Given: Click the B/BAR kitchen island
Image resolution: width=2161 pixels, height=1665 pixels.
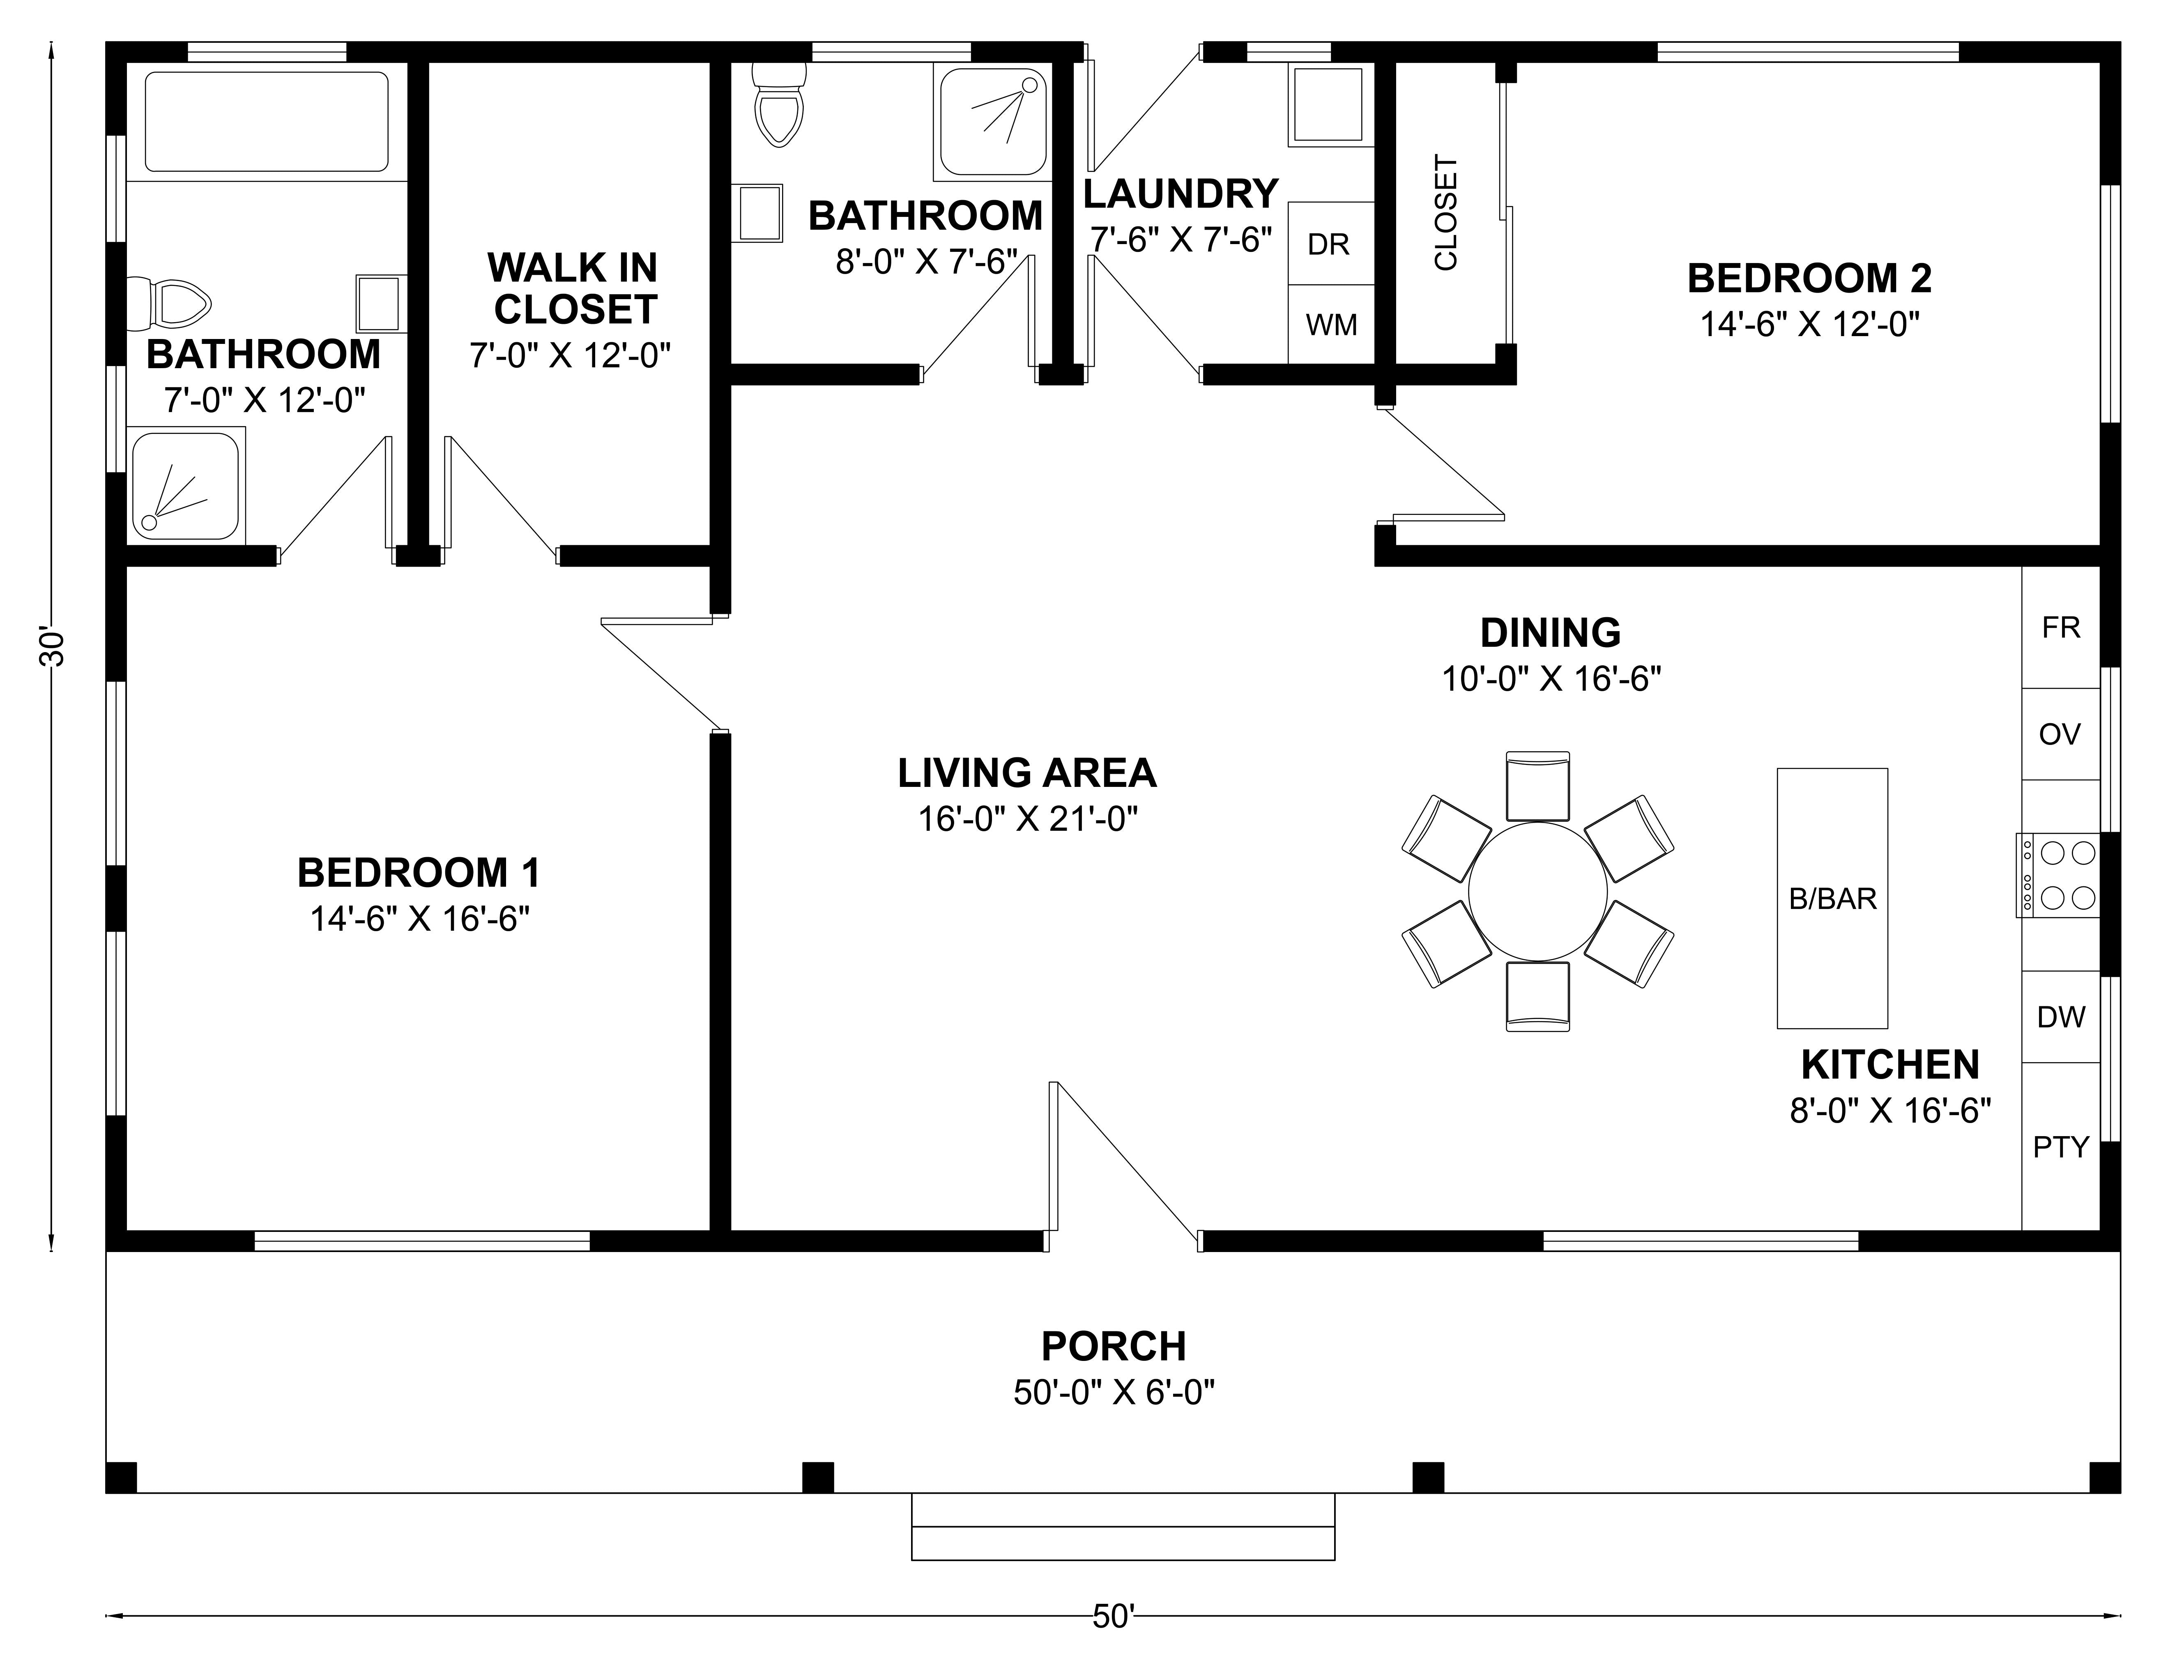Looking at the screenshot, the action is [1832, 898].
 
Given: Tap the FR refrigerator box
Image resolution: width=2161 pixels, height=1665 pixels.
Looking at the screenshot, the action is [2060, 627].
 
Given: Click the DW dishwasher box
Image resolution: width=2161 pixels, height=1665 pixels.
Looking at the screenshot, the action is [2060, 1017].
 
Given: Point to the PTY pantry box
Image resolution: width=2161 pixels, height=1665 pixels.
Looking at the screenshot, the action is [2060, 1146].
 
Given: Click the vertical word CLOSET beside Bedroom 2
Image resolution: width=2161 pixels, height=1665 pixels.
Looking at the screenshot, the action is [1445, 213].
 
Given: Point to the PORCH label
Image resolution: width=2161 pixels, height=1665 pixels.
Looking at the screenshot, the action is [1113, 1346].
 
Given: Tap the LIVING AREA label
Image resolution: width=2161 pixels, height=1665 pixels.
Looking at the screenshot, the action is [1027, 772].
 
